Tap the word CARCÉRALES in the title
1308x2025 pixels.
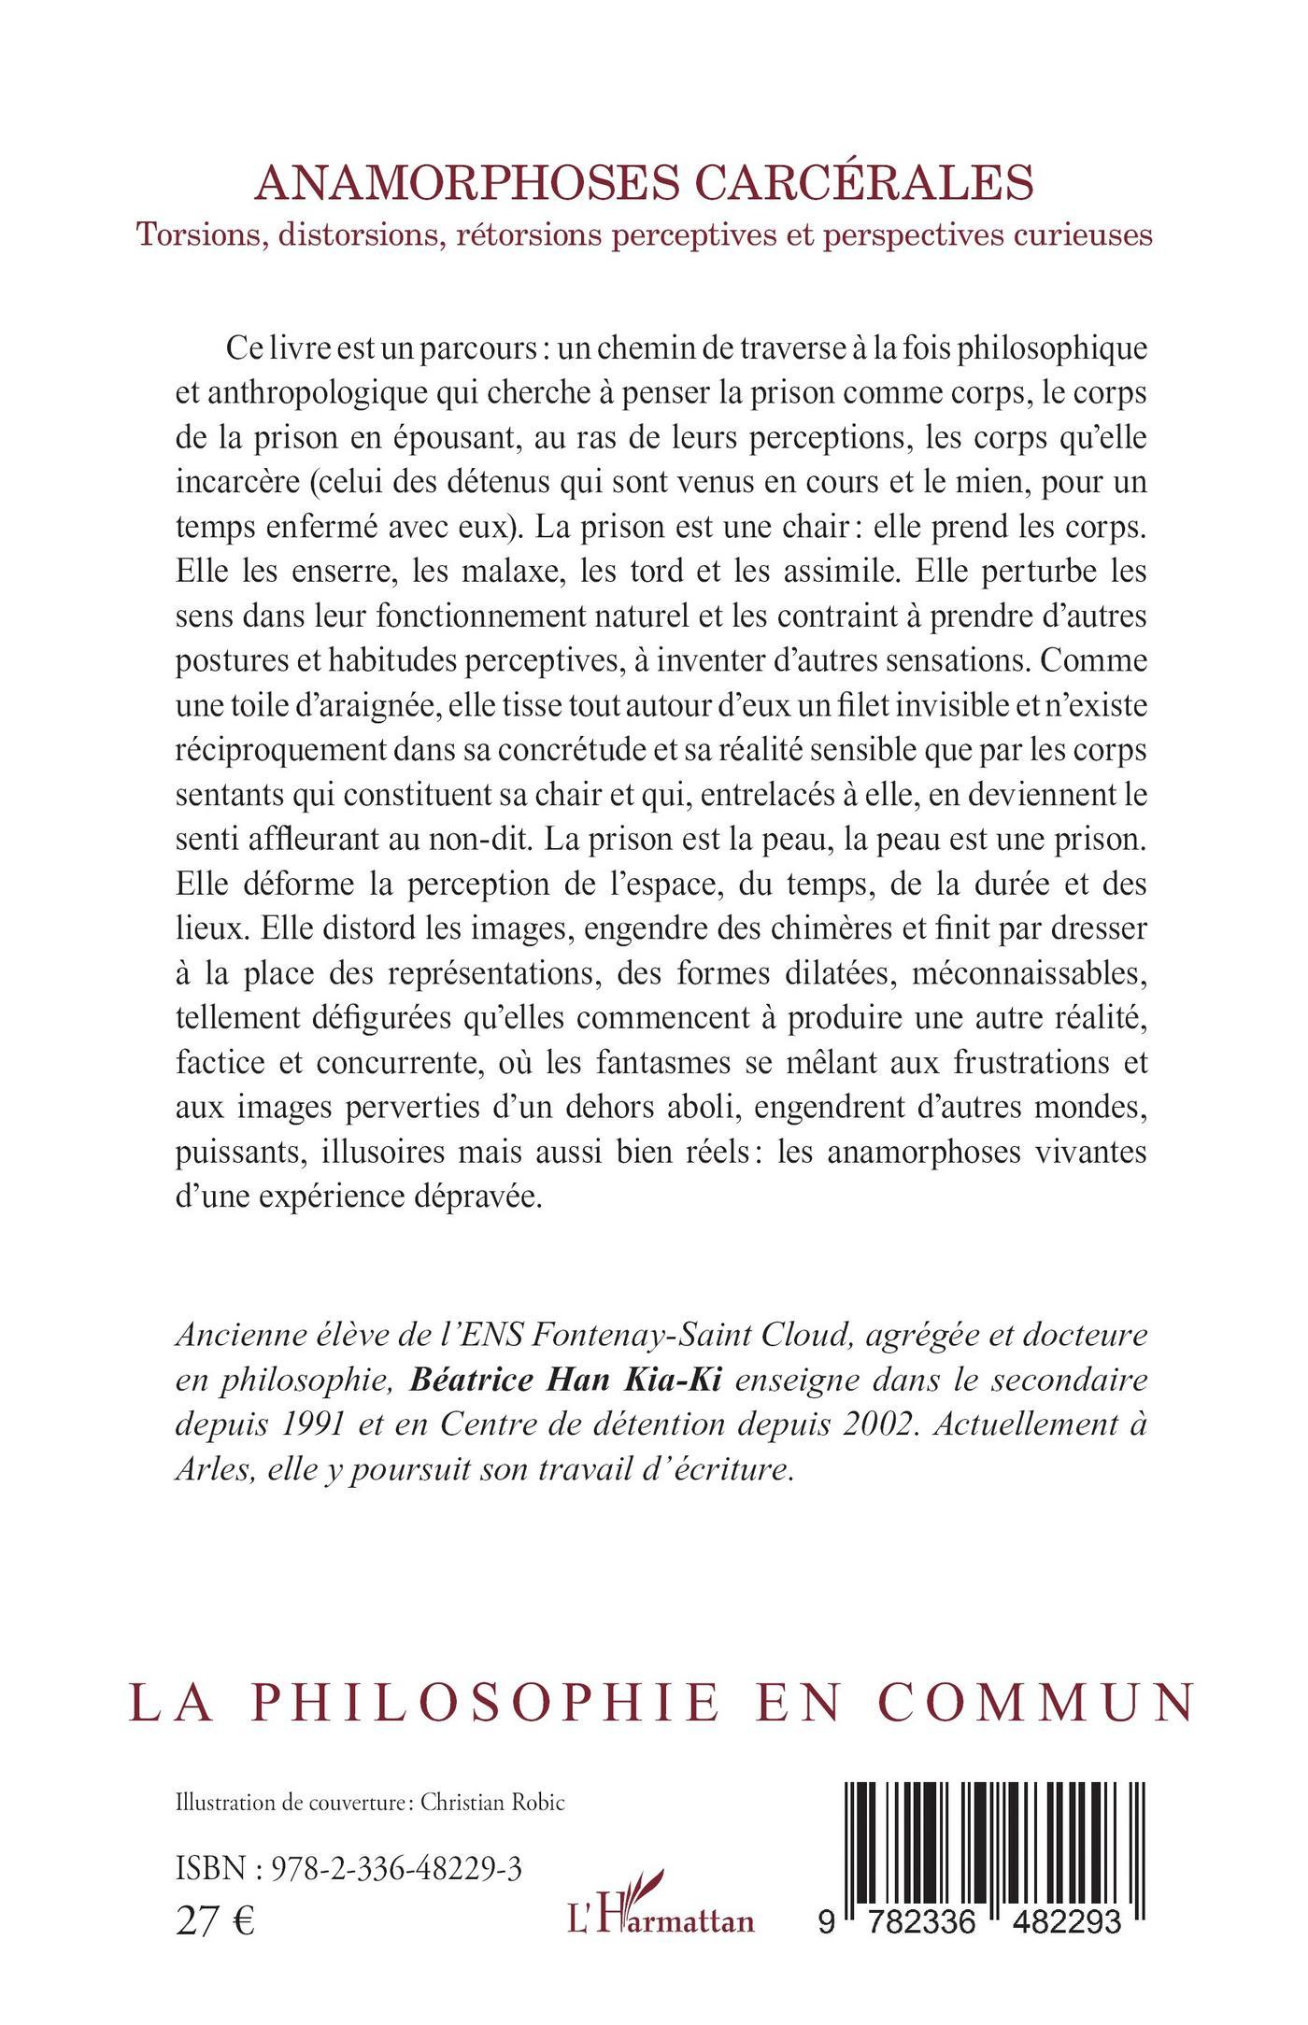(905, 183)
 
